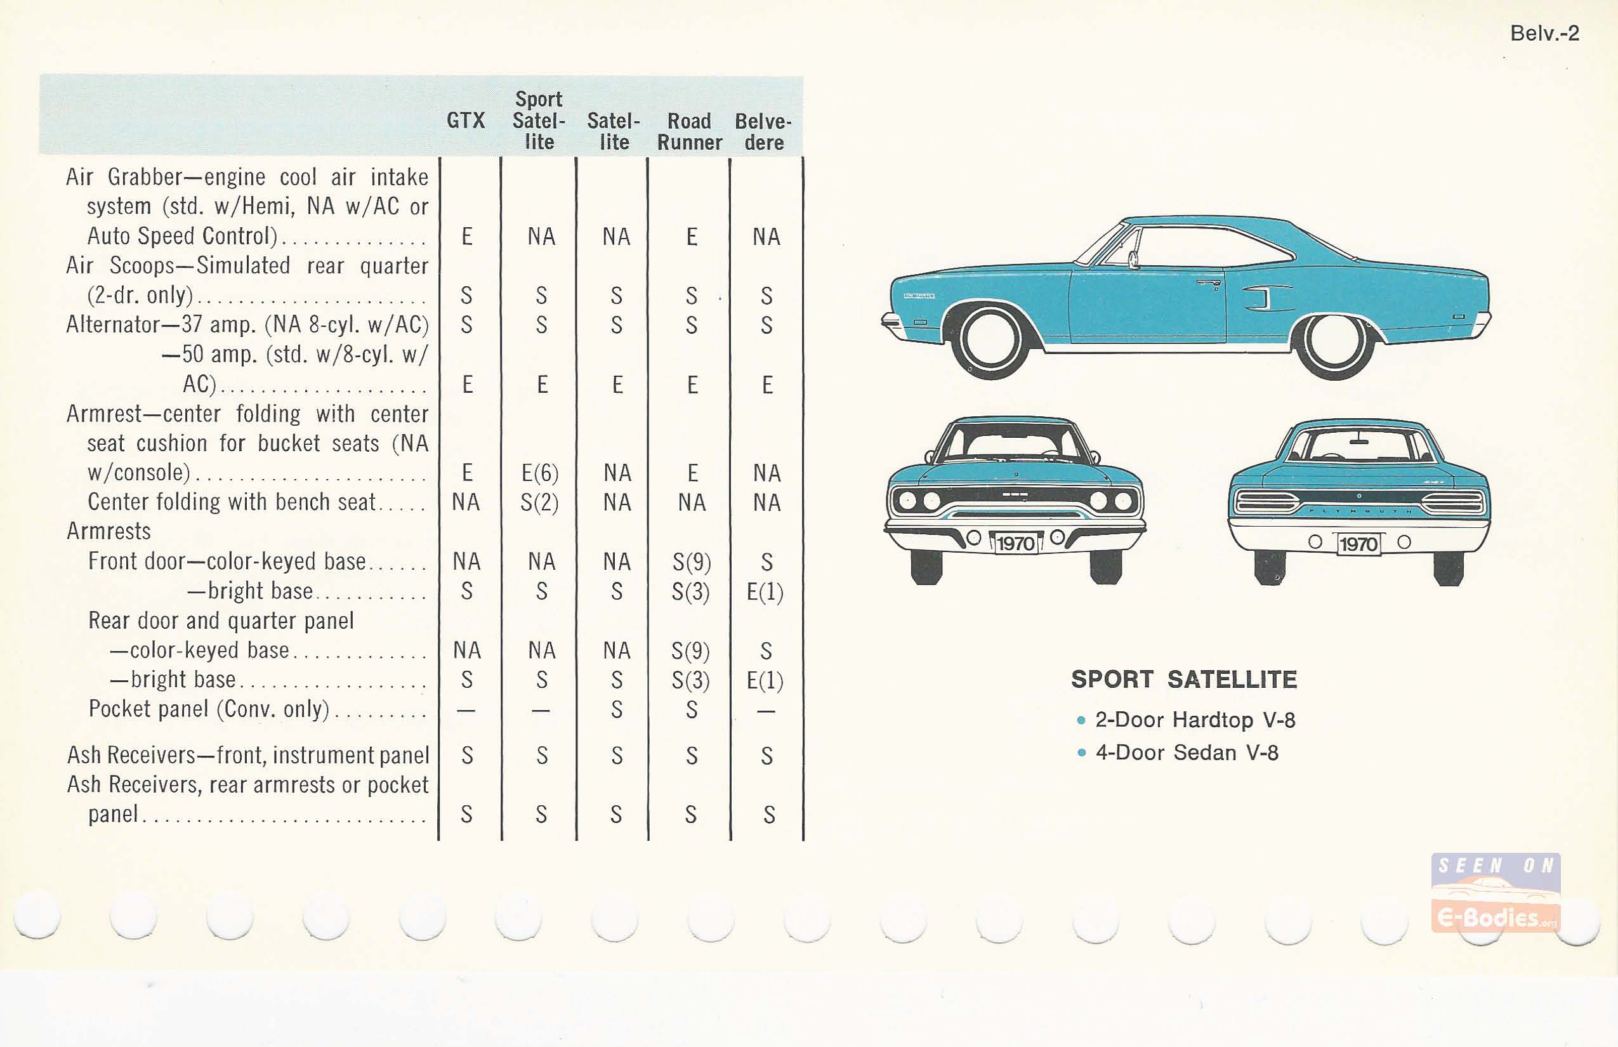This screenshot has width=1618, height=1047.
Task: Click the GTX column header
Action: click(466, 121)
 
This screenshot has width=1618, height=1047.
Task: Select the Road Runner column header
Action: click(689, 131)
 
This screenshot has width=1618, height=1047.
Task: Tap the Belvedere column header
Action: click(763, 131)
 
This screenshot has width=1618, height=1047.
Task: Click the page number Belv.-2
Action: click(1544, 33)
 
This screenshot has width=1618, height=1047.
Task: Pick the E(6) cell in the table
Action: click(540, 473)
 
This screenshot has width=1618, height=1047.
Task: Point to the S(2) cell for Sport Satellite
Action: click(540, 503)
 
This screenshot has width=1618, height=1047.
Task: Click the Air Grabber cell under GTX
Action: click(467, 237)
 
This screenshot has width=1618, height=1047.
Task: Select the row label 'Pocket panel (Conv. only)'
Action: click(209, 709)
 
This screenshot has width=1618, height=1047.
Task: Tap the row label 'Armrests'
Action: click(109, 531)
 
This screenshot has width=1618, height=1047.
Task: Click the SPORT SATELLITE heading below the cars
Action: click(1183, 679)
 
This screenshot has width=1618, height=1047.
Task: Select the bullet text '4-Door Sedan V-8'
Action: click(1187, 753)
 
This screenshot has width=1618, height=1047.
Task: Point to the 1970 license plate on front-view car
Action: click(1016, 543)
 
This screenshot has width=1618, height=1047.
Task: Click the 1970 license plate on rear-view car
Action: click(1358, 544)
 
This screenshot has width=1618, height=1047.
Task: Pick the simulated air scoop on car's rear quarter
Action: click(1265, 297)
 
